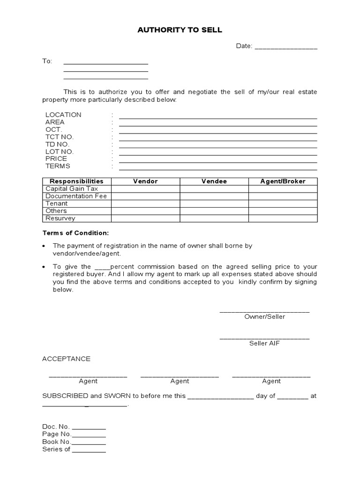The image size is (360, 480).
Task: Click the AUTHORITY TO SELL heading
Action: (x=180, y=30)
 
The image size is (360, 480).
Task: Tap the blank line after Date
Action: (x=286, y=47)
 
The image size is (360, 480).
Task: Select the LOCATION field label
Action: (x=63, y=115)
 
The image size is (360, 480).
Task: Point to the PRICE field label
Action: (x=56, y=159)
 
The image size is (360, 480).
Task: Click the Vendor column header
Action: (x=145, y=181)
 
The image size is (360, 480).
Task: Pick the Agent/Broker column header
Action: (x=283, y=181)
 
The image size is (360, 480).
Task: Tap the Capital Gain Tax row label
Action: (x=72, y=188)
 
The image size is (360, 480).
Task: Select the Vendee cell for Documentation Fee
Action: (x=214, y=196)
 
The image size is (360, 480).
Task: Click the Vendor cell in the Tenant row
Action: (x=145, y=203)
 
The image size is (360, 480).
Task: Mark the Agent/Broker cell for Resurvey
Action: (x=283, y=218)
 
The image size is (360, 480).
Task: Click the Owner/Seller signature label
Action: (x=264, y=316)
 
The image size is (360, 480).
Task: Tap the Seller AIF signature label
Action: (x=264, y=344)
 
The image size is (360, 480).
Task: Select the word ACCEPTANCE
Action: (x=66, y=359)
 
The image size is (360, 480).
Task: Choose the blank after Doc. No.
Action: (x=89, y=428)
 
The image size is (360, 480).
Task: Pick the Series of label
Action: (x=56, y=449)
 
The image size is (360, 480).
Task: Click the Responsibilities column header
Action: (x=76, y=181)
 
